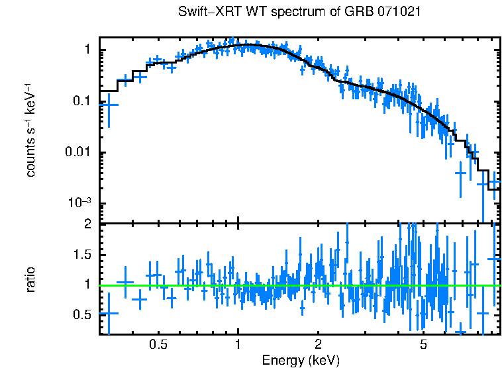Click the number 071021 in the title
pyautogui.click(x=397, y=12)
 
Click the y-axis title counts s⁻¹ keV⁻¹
pyautogui.click(x=30, y=130)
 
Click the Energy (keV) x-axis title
pyautogui.click(x=300, y=360)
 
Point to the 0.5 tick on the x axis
pyautogui.click(x=158, y=345)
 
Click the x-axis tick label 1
pyautogui.click(x=238, y=345)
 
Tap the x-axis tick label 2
pyautogui.click(x=318, y=345)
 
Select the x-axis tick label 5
pyautogui.click(x=423, y=345)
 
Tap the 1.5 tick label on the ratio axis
pyautogui.click(x=82, y=255)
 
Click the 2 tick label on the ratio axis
pyautogui.click(x=87, y=224)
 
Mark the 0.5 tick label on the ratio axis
pyautogui.click(x=82, y=314)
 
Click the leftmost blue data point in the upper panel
pyautogui.click(x=109, y=105)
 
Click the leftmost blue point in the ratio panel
pyautogui.click(x=109, y=313)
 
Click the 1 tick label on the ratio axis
pyautogui.click(x=87, y=285)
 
